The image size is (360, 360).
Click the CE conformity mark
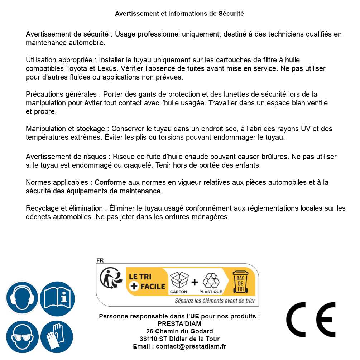tap(311, 320)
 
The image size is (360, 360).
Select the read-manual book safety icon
tap(57, 298)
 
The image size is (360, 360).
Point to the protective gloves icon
tap(57, 337)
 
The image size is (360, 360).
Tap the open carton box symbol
tap(179, 280)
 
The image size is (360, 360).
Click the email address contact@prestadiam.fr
tap(191, 346)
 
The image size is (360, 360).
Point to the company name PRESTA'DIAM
tap(179, 324)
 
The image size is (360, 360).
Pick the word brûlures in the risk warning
tap(275, 157)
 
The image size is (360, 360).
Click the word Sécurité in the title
tap(231, 14)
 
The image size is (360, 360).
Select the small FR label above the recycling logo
tap(100, 260)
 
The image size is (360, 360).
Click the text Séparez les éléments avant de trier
tap(215, 301)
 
